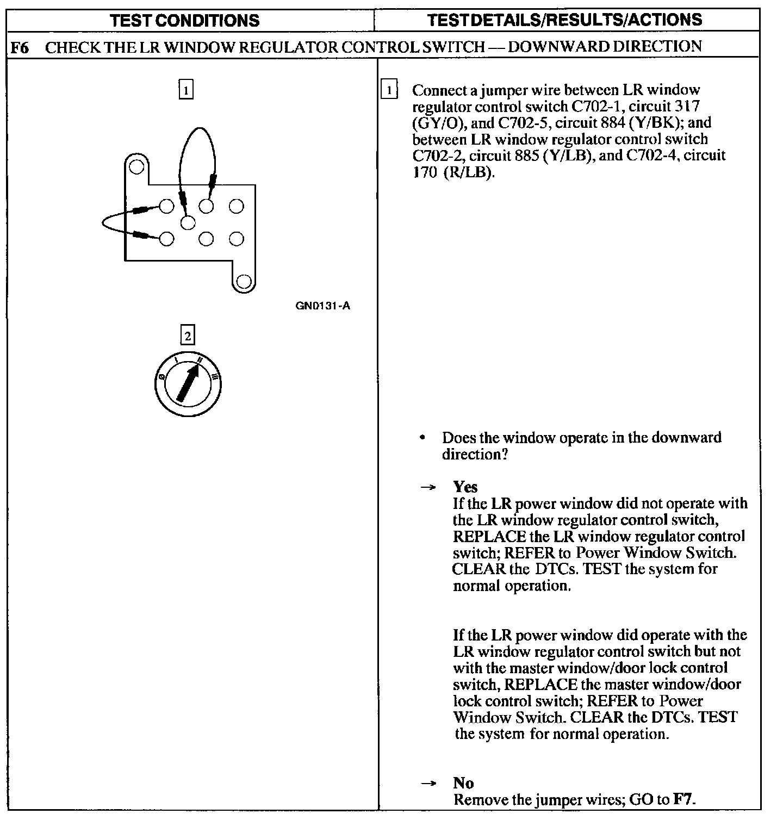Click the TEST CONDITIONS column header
tap(184, 21)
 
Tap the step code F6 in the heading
tap(20, 47)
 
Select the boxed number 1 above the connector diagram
tap(186, 90)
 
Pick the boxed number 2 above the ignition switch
tap(188, 336)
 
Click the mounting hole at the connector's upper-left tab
tap(136, 166)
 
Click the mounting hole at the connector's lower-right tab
tap(244, 281)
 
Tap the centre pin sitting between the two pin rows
tap(188, 222)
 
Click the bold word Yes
tap(465, 487)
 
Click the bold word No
tap(463, 783)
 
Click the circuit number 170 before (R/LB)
tap(425, 172)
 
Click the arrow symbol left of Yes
tap(428, 487)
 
